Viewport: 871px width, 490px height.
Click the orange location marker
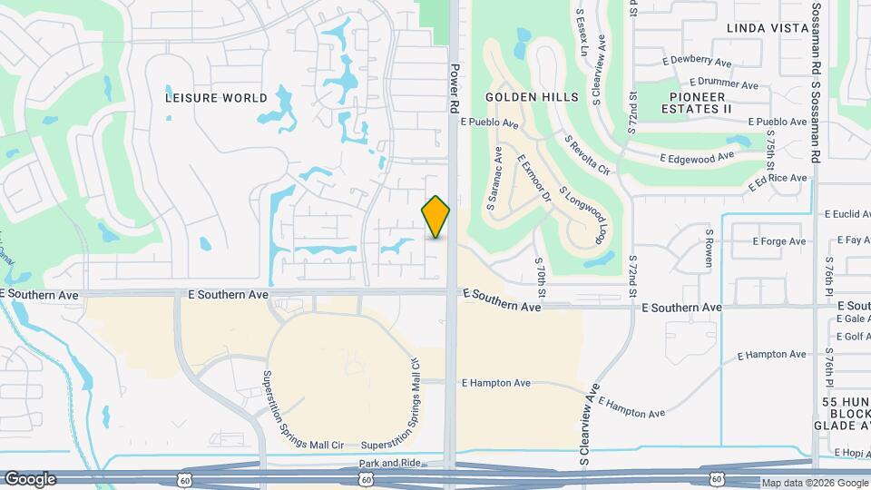(436, 217)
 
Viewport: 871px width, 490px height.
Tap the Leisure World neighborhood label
(217, 97)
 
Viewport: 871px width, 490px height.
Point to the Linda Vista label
(768, 28)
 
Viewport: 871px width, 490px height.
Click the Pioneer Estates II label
(700, 103)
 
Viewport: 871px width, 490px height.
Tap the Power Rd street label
(455, 88)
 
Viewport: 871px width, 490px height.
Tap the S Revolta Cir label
(587, 155)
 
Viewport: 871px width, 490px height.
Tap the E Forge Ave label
(779, 241)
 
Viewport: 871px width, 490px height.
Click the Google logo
(30, 478)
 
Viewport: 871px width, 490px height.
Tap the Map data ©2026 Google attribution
(814, 483)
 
